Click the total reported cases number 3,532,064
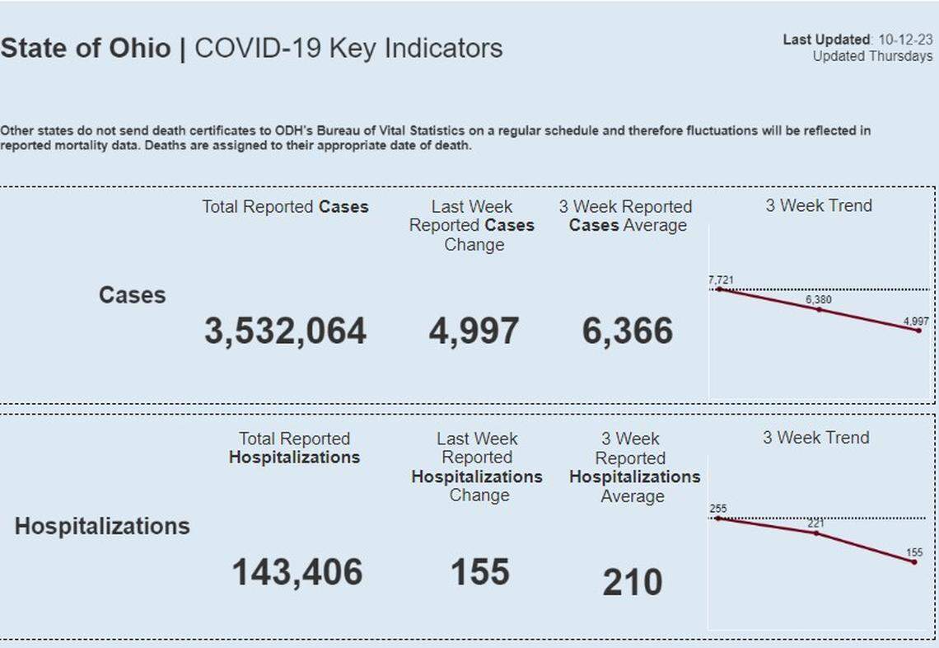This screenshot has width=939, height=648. point(285,331)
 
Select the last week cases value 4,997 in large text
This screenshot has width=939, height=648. point(474,331)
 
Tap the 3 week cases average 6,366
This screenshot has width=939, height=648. point(628,331)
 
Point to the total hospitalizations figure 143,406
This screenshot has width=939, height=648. point(297,572)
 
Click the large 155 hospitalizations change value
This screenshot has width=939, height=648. point(480,572)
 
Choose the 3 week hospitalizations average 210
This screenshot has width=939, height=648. point(632,583)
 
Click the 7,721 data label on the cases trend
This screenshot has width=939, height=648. point(721,280)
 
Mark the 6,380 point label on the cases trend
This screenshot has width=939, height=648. point(819,300)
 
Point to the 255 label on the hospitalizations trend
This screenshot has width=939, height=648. point(718,509)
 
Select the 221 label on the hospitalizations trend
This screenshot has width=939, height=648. point(815,524)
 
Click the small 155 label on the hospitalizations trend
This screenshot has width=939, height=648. point(914,552)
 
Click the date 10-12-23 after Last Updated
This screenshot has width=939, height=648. point(905,40)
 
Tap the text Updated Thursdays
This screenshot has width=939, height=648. point(872,56)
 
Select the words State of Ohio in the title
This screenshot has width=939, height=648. point(86,48)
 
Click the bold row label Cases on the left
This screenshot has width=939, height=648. point(132,295)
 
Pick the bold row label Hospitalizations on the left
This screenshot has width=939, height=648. point(102,526)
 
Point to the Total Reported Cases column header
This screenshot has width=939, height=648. point(285,207)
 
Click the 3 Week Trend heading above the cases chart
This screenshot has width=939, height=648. point(818,205)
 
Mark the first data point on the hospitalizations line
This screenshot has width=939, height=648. point(718,519)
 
